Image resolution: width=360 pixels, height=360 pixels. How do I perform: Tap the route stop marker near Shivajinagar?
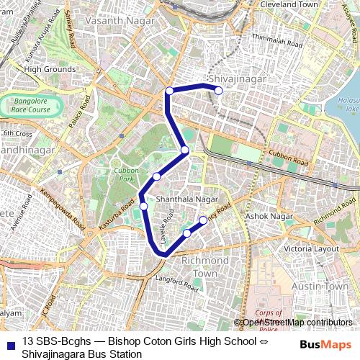pyautogui.click(x=218, y=91)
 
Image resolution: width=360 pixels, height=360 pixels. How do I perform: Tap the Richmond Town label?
pyautogui.click(x=204, y=266)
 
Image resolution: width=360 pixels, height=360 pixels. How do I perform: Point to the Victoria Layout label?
pyautogui.click(x=311, y=248)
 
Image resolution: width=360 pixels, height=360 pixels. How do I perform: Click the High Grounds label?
pyautogui.click(x=50, y=69)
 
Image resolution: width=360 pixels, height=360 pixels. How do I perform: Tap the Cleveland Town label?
pyautogui.click(x=288, y=4)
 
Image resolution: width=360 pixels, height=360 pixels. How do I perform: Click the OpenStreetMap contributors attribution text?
pyautogui.click(x=297, y=323)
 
